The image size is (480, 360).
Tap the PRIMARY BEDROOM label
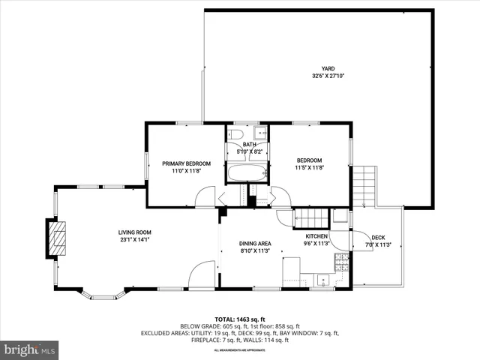[x=187, y=163]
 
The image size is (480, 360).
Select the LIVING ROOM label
[x=134, y=232]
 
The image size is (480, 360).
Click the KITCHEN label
[x=316, y=236]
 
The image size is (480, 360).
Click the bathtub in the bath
[x=247, y=175]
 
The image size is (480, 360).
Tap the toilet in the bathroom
[x=235, y=134]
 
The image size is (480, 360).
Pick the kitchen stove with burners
[x=341, y=262]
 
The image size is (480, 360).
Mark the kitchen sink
[x=323, y=281]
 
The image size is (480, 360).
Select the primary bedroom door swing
[x=204, y=197]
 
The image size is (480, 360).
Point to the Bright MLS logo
[x=29, y=349]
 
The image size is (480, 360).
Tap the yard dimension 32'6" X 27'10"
[x=328, y=76]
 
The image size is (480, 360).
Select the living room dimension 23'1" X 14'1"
[x=134, y=240]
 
